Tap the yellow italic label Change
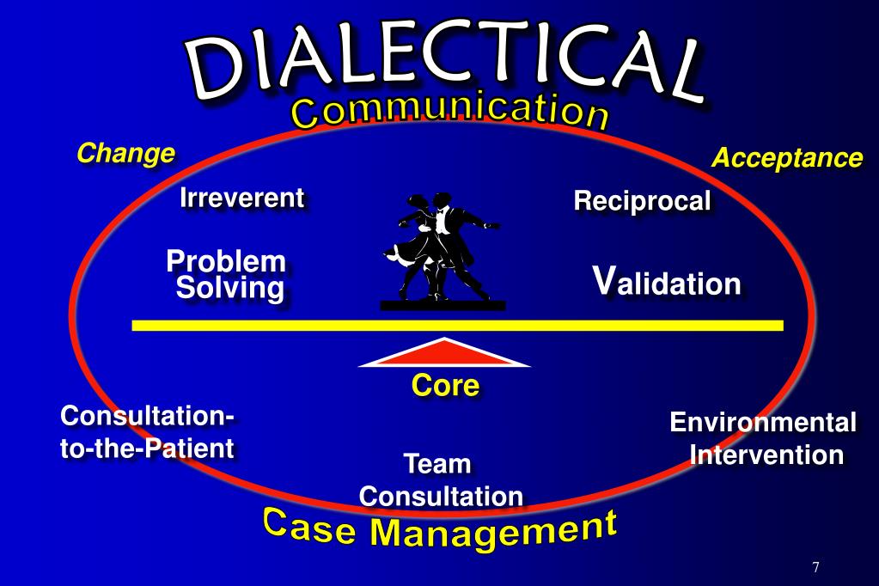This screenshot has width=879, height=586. click(125, 154)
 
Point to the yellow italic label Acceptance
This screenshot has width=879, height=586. click(786, 158)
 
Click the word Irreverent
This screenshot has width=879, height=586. click(241, 198)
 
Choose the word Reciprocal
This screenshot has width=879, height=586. click(642, 202)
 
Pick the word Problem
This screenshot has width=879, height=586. click(226, 260)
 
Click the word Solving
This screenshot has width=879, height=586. click(229, 289)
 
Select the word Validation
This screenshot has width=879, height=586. click(667, 282)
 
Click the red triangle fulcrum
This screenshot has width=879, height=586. click(444, 354)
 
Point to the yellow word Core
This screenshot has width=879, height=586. click(444, 386)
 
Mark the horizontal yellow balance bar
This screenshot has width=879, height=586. click(457, 326)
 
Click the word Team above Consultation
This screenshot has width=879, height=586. click(437, 465)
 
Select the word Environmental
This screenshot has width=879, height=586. click(762, 423)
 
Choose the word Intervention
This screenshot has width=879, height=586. click(766, 455)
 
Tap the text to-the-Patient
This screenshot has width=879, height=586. click(147, 449)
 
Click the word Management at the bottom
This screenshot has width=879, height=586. click(493, 530)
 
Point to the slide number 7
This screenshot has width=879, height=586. click(815, 568)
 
